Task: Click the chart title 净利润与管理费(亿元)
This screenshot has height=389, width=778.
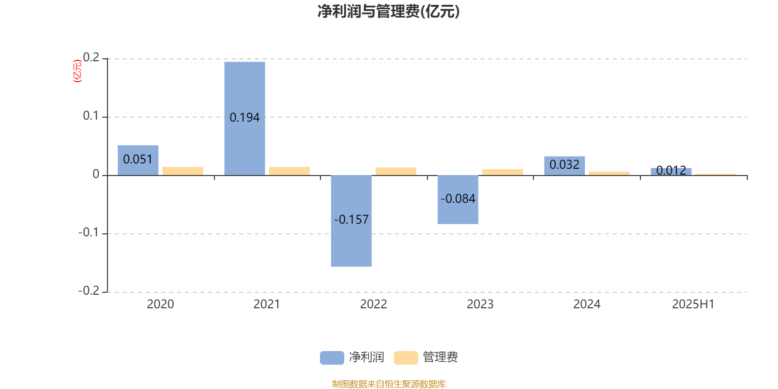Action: tap(389, 12)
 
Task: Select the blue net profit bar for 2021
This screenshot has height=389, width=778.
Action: tap(245, 119)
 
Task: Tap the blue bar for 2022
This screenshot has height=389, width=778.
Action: tap(351, 221)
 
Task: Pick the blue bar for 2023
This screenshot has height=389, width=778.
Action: tap(458, 200)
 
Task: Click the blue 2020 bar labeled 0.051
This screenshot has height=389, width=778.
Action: tap(138, 160)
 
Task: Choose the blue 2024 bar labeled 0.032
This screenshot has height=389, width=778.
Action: tap(565, 166)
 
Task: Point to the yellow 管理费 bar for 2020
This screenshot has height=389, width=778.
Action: tap(183, 171)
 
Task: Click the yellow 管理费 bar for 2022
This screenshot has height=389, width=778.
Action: tap(396, 171)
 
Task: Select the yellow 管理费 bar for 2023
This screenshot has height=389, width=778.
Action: tap(503, 172)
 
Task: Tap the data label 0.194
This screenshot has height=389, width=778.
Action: tap(245, 118)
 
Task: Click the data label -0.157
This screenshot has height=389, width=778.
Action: tap(351, 219)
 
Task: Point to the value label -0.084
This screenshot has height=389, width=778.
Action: tap(458, 199)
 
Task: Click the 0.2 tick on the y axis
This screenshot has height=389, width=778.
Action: tap(91, 57)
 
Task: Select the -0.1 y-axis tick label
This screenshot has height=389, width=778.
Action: tap(88, 232)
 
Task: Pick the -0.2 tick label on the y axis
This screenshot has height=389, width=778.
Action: tap(88, 291)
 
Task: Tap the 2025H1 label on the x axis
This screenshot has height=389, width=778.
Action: tap(693, 304)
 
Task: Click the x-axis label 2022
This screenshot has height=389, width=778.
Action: tap(373, 304)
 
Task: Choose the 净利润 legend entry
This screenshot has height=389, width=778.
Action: tap(352, 357)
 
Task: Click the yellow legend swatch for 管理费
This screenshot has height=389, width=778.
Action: tap(406, 358)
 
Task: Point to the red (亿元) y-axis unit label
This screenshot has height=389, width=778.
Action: tap(77, 71)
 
